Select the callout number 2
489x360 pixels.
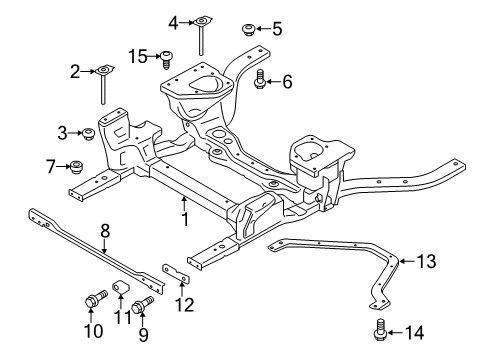point(74,70)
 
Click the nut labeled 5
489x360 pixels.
point(246,27)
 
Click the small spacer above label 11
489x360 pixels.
point(120,291)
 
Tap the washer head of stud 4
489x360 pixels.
point(201,20)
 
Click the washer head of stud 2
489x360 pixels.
point(104,70)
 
